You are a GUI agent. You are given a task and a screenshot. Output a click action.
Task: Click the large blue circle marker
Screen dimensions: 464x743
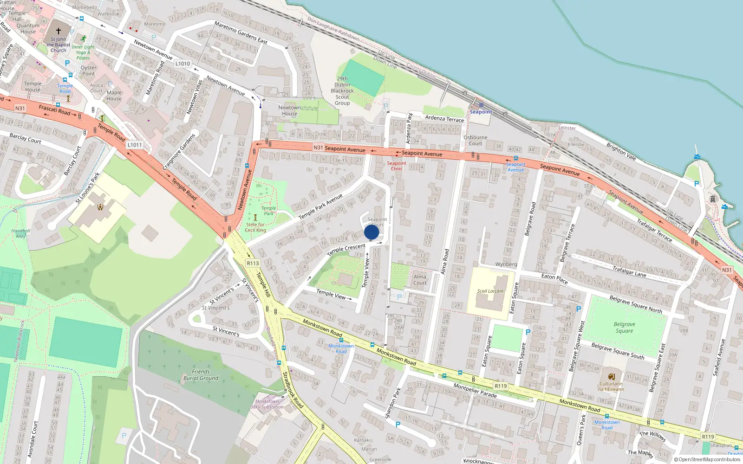pyautogui.click(x=371, y=232)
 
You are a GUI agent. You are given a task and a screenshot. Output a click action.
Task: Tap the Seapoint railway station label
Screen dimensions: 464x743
pyautogui.click(x=481, y=112)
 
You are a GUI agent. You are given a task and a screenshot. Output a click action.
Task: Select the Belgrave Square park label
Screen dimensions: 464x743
pyautogui.click(x=624, y=328)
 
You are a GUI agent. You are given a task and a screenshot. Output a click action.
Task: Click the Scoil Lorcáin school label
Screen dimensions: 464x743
pyautogui.click(x=490, y=291)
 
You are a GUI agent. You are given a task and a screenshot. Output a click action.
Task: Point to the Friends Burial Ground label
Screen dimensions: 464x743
pyautogui.click(x=201, y=375)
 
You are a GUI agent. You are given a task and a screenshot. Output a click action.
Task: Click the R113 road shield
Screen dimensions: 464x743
pyautogui.click(x=253, y=263)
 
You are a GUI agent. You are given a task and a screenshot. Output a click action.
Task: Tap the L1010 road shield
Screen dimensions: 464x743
pyautogui.click(x=182, y=64)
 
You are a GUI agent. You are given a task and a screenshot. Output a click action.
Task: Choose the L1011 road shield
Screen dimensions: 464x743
pyautogui.click(x=135, y=145)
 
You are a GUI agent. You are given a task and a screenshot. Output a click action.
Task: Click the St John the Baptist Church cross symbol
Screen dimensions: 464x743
pyautogui.click(x=59, y=31)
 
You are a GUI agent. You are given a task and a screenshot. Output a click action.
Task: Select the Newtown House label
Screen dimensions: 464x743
pyautogui.click(x=289, y=110)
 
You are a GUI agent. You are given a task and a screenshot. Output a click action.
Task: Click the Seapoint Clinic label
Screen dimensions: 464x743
pyautogui.click(x=397, y=166)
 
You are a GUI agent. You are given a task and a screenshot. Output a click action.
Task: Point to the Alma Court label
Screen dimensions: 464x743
pyautogui.click(x=420, y=280)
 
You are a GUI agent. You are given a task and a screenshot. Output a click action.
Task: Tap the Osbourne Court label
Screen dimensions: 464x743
pyautogui.click(x=476, y=141)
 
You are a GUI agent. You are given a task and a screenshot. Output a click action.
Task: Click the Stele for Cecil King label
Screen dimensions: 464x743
pyautogui.click(x=255, y=227)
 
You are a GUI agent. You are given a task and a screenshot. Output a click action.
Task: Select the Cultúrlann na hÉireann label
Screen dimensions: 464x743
pyautogui.click(x=611, y=387)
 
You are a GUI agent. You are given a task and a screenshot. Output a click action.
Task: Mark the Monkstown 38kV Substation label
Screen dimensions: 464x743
pyautogui.click(x=267, y=404)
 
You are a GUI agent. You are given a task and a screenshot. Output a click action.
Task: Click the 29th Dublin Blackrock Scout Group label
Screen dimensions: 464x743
pyautogui.click(x=342, y=91)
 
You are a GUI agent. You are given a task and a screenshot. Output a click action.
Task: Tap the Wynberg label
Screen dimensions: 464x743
pyautogui.click(x=506, y=264)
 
